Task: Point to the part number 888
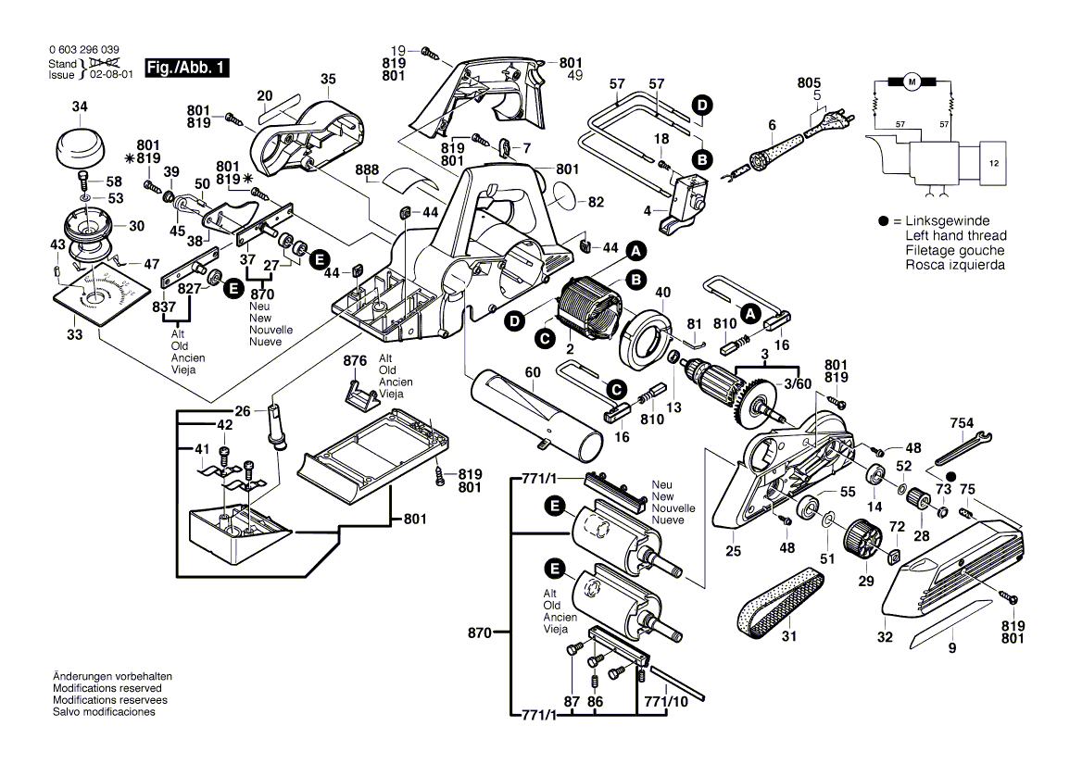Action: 366,169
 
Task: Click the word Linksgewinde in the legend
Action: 946,221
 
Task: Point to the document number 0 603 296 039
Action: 83,49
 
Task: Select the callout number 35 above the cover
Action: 328,80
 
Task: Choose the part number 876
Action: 356,359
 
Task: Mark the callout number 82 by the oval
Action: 595,202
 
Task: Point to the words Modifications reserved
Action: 107,689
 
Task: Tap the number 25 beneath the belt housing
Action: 734,551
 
